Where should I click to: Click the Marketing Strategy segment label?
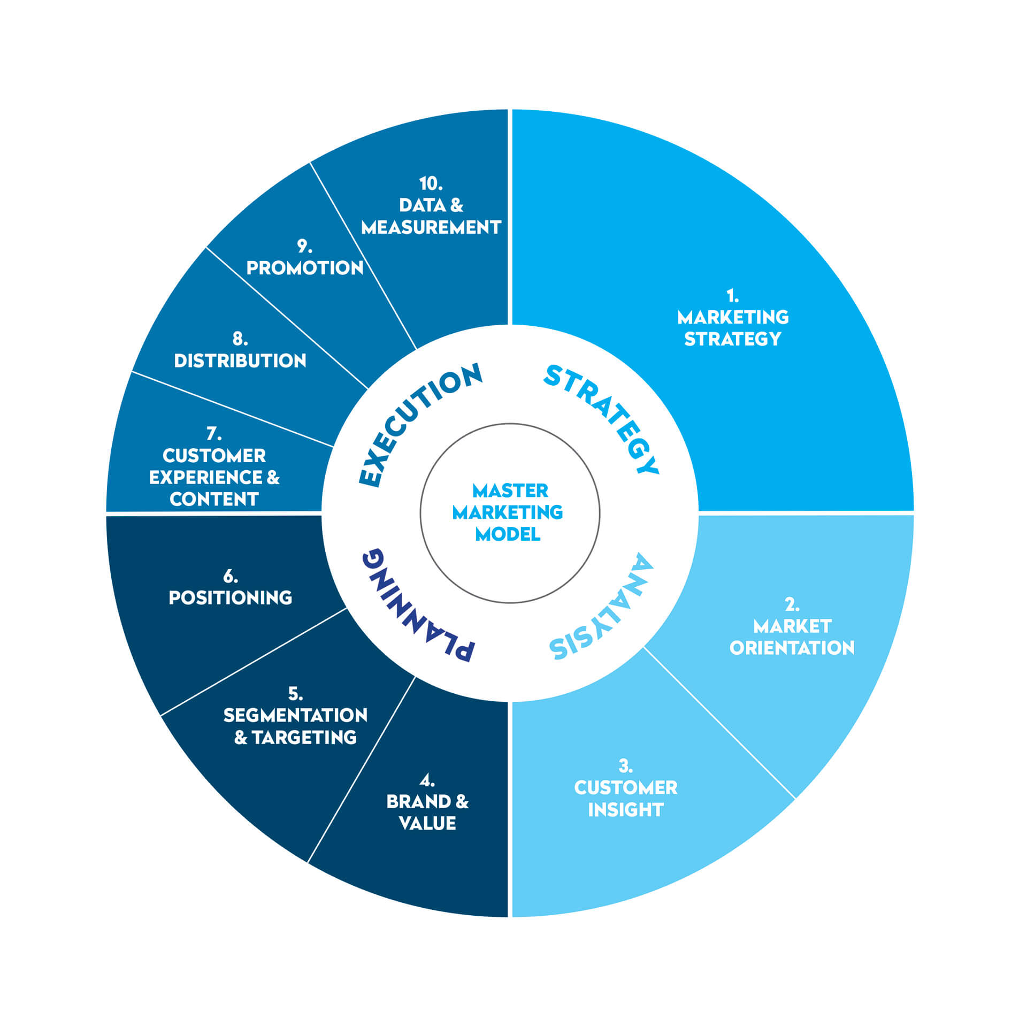(x=733, y=328)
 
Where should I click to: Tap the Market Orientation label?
(x=792, y=637)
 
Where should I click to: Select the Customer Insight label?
(x=625, y=799)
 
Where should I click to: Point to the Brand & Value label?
(x=427, y=812)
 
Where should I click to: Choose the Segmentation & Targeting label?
(x=295, y=726)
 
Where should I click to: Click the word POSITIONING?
(x=231, y=597)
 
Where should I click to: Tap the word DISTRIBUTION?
(x=240, y=361)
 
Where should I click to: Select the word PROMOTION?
(x=305, y=268)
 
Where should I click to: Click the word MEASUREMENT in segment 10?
(x=431, y=227)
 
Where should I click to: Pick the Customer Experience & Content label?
(x=214, y=477)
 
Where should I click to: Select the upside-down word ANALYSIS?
(x=604, y=610)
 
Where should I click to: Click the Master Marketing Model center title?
(x=508, y=512)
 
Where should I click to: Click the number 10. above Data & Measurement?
(x=431, y=183)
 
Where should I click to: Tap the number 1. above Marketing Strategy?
(x=732, y=295)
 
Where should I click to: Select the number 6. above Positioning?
(x=231, y=576)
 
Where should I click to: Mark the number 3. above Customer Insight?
(x=625, y=766)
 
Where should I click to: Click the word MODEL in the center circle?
(x=508, y=534)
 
